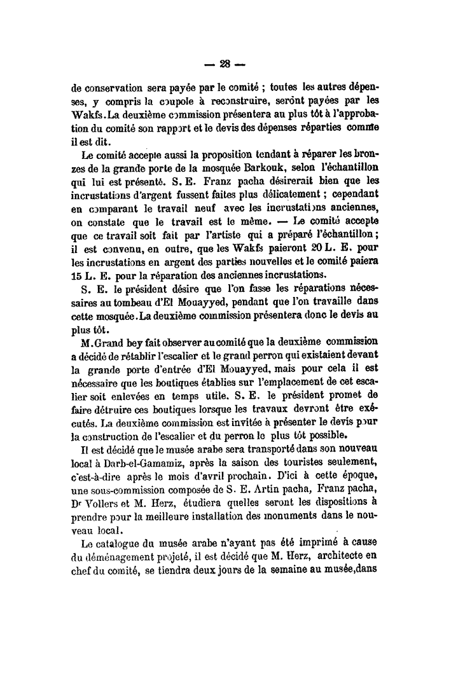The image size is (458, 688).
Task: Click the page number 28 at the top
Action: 224,64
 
